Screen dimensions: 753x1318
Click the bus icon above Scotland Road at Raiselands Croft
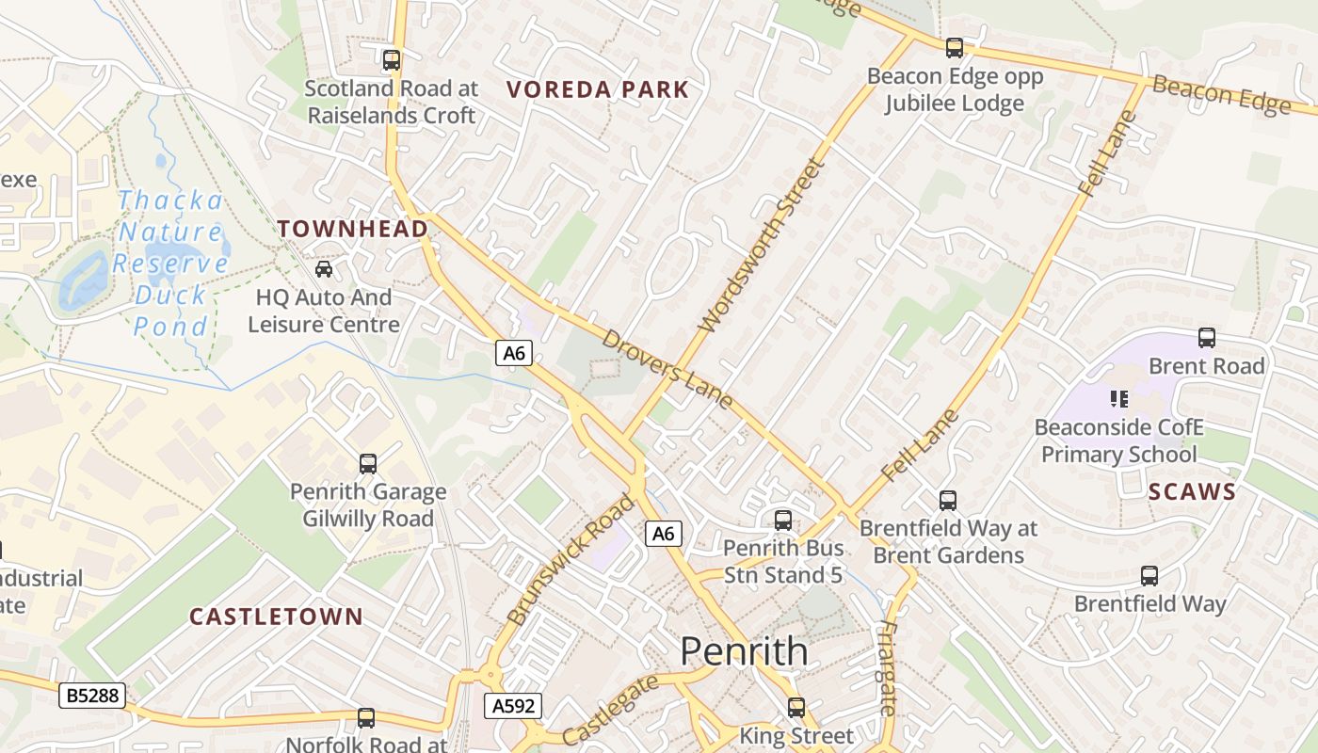coord(391,60)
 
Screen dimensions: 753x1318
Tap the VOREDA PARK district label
coord(598,90)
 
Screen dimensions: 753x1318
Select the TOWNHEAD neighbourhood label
coord(353,229)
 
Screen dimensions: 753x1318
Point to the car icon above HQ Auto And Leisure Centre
coord(324,269)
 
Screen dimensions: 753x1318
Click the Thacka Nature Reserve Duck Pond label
coord(170,264)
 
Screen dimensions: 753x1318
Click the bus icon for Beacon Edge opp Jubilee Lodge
coord(955,47)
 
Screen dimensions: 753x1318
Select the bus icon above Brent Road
coord(1207,338)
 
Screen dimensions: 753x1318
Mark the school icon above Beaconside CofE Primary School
coord(1119,399)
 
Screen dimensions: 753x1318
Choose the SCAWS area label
coord(1192,492)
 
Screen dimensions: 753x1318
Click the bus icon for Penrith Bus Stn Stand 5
coord(782,521)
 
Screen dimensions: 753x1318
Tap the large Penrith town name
coord(744,651)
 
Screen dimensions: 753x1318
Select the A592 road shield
coord(513,706)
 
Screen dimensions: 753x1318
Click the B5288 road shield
coord(91,696)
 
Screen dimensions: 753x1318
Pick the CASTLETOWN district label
coord(276,617)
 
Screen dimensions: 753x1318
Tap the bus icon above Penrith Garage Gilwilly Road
coord(368,464)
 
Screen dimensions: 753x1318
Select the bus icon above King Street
coord(796,708)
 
